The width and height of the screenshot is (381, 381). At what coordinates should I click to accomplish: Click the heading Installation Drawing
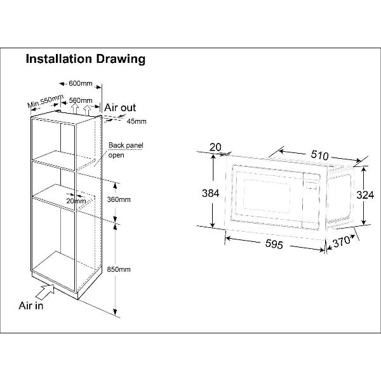pos(86,59)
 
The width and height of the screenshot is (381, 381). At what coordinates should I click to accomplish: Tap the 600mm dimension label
pos(81,83)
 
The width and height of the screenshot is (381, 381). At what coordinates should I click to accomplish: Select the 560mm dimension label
pos(81,100)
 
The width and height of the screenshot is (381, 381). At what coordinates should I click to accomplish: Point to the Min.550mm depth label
pos(46,100)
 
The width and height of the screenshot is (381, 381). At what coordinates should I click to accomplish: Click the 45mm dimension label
pos(137,121)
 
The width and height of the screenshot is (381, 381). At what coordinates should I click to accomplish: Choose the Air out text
pos(120,108)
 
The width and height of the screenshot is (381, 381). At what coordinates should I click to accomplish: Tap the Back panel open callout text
pos(126,150)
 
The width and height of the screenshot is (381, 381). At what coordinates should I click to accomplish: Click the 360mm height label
pos(119,199)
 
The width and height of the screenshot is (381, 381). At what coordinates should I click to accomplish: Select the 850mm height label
pos(119,269)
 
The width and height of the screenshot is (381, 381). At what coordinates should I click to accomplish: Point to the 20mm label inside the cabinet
pos(76,201)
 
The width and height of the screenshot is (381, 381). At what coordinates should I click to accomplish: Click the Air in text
pos(31,305)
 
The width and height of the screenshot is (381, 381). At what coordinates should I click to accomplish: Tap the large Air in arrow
pos(45,293)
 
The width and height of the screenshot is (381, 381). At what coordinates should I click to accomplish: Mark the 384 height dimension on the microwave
pos(210,193)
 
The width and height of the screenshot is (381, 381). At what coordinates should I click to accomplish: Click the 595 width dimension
pos(274,244)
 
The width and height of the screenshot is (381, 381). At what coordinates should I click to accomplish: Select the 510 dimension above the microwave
pos(320,155)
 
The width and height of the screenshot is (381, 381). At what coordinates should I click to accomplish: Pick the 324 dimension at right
pos(365,195)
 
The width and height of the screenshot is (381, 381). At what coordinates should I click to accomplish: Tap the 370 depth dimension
pos(342,241)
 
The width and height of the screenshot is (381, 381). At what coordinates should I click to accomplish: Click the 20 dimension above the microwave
pos(215,147)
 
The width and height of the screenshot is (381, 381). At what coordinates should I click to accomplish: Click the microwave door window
pos(267,196)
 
